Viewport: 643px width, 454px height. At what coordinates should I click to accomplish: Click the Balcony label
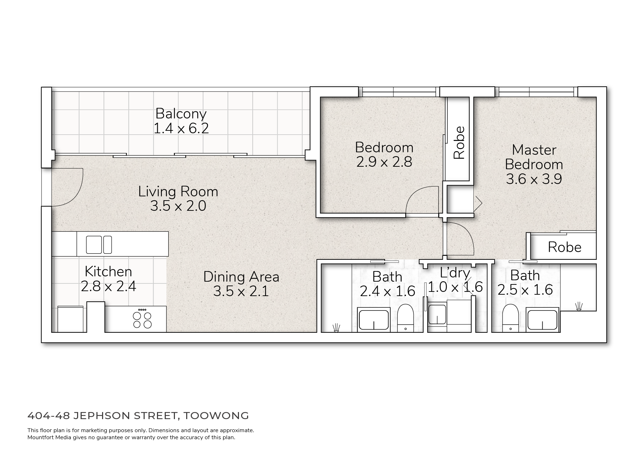click(x=181, y=114)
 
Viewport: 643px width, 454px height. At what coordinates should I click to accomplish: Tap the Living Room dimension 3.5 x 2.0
click(x=178, y=206)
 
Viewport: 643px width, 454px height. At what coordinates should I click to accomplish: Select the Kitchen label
click(x=108, y=272)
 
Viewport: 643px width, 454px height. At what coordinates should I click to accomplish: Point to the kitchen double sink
click(x=99, y=245)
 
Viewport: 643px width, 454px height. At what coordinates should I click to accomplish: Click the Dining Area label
click(x=241, y=277)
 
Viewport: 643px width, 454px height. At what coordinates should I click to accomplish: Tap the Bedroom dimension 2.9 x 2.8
click(x=384, y=162)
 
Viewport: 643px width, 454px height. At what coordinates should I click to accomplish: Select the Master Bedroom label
click(x=534, y=157)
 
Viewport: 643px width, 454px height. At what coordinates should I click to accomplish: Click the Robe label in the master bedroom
click(x=565, y=247)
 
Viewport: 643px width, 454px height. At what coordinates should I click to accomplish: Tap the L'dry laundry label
click(x=455, y=273)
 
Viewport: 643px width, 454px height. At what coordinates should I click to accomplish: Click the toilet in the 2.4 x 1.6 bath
click(x=406, y=318)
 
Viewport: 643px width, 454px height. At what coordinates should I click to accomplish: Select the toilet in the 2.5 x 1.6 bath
click(x=511, y=318)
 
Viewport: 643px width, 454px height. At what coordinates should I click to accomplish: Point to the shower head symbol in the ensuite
click(x=579, y=306)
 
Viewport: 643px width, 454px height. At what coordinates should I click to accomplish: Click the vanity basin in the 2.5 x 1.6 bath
click(x=542, y=319)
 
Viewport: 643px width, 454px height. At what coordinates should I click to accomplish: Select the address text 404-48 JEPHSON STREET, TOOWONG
click(x=138, y=416)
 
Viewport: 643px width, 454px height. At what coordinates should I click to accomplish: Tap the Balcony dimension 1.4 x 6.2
click(x=181, y=128)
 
